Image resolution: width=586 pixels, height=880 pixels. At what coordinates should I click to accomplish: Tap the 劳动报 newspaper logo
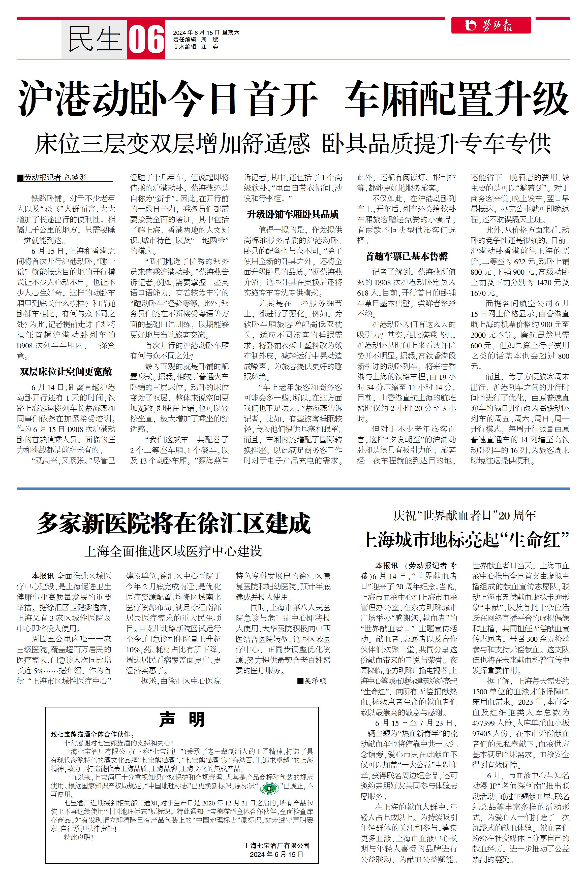(491, 25)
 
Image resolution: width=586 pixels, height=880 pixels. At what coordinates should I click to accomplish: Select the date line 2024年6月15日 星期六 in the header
(206, 32)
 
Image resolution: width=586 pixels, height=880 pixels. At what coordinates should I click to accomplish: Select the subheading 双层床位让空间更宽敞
(66, 371)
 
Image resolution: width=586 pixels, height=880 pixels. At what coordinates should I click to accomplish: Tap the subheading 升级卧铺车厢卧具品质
(293, 214)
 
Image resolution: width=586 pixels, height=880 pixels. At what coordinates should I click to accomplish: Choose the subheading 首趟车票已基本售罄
(407, 256)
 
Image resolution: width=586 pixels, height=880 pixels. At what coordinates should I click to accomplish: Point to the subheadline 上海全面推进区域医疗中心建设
(173, 551)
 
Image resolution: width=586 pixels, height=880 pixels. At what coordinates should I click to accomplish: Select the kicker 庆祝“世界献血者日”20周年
(465, 516)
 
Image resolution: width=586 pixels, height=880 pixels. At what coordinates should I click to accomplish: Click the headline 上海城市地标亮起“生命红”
(465, 539)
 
